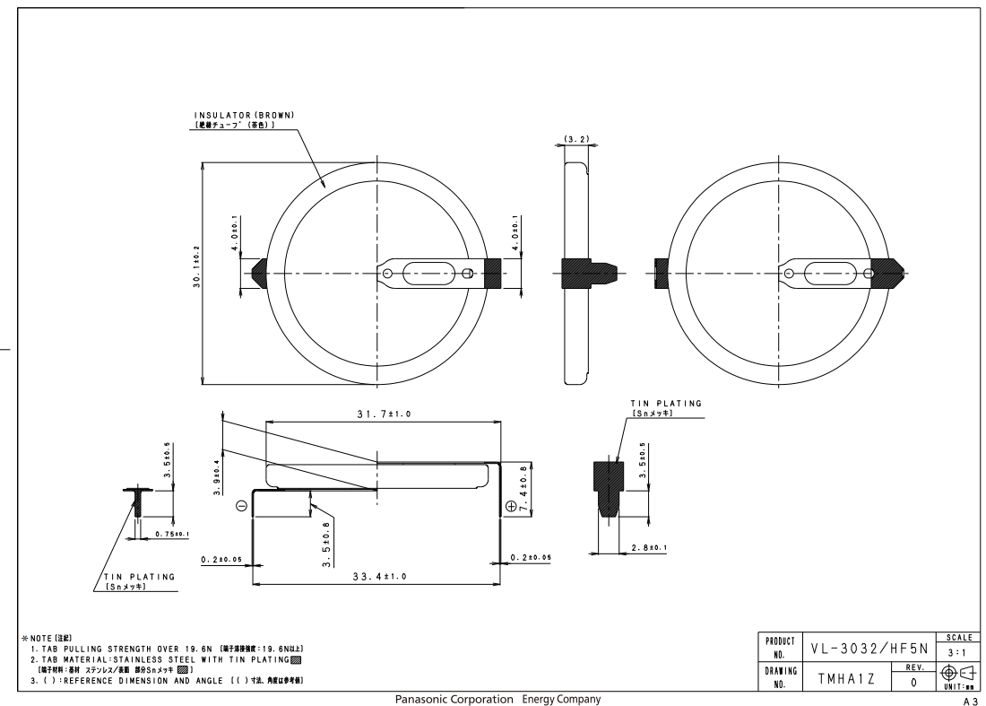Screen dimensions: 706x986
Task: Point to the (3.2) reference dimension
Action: [x=575, y=140]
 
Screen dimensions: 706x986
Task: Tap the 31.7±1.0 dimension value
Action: [x=378, y=414]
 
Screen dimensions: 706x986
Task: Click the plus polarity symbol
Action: [x=512, y=507]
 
